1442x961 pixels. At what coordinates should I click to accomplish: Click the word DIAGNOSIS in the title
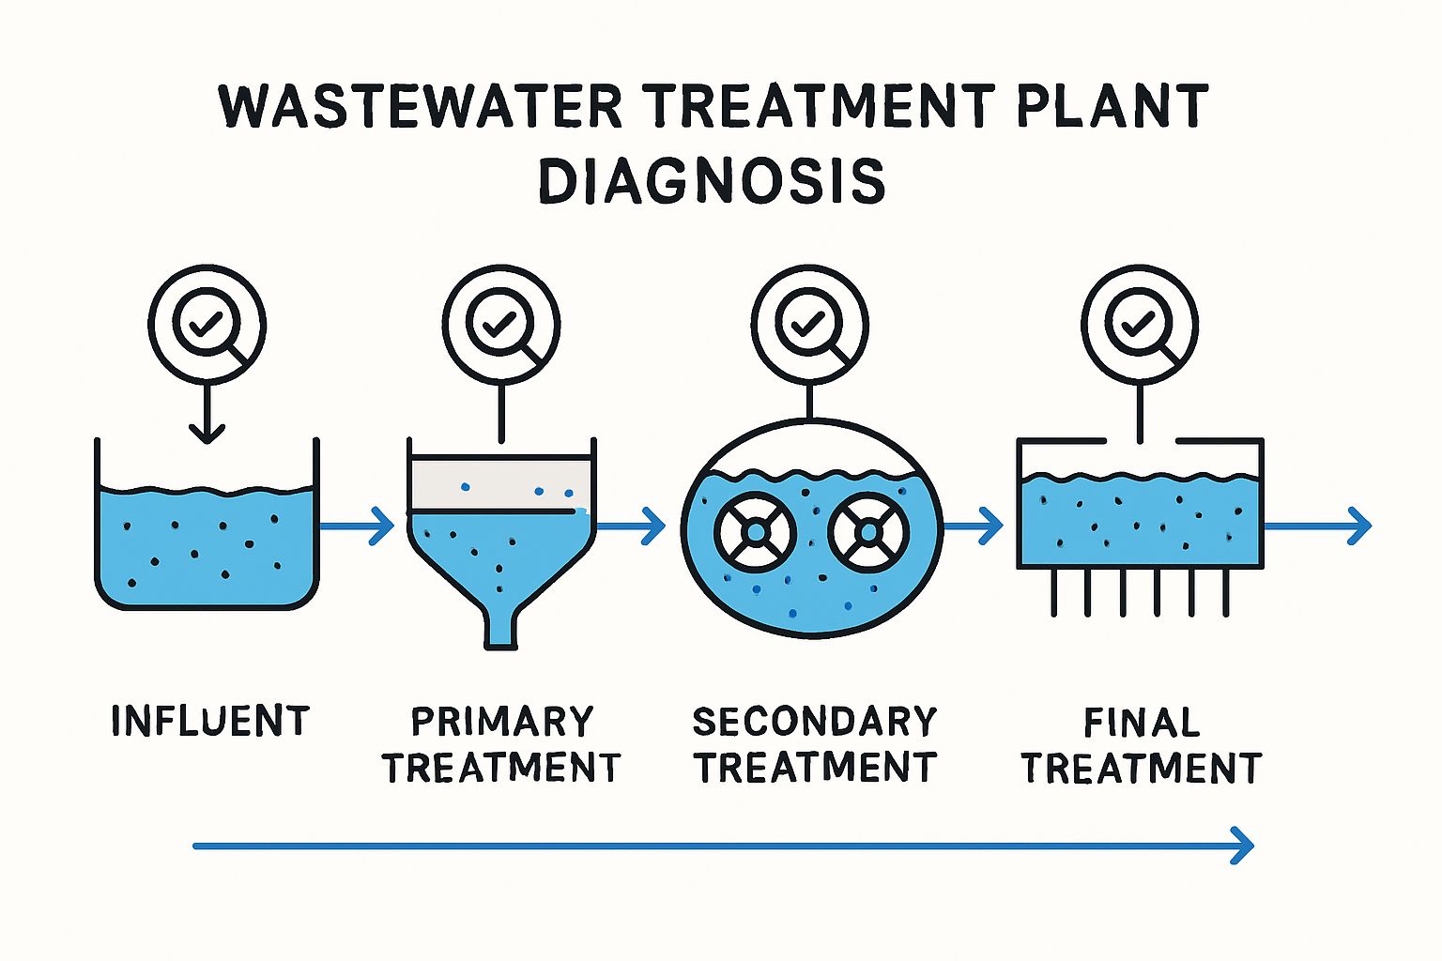coord(713,181)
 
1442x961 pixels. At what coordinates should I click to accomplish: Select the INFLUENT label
coord(210,721)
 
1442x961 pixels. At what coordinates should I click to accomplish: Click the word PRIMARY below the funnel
coord(502,722)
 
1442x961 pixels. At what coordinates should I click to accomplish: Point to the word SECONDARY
coord(815,722)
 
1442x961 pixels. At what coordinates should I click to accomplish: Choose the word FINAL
coord(1142,723)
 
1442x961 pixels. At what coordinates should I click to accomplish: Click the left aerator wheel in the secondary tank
coord(756,533)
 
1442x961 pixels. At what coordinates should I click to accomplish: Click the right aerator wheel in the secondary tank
coord(868,533)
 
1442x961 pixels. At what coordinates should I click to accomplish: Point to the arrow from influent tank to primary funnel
coord(357,526)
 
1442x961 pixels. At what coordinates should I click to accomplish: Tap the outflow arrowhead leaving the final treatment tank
coord(1359,526)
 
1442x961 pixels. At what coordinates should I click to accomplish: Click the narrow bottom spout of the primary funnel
coord(500,629)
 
